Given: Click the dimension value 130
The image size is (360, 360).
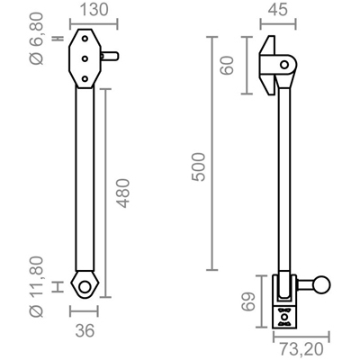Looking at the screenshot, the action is click(x=94, y=10).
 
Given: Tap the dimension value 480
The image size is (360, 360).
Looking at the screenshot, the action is click(x=123, y=193).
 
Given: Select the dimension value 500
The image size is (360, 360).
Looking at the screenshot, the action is click(x=199, y=166).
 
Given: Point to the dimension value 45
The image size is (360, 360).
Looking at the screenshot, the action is click(x=278, y=10).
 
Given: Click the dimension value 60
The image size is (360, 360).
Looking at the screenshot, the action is click(x=227, y=66).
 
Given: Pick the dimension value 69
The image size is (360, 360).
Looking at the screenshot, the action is click(x=248, y=301).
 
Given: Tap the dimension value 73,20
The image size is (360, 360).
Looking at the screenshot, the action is click(x=301, y=349).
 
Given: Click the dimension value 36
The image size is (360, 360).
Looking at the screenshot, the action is click(x=85, y=331).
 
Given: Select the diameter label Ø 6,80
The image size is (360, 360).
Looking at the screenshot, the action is click(x=37, y=39).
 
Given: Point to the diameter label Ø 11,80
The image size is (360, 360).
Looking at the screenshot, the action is click(x=37, y=287).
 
